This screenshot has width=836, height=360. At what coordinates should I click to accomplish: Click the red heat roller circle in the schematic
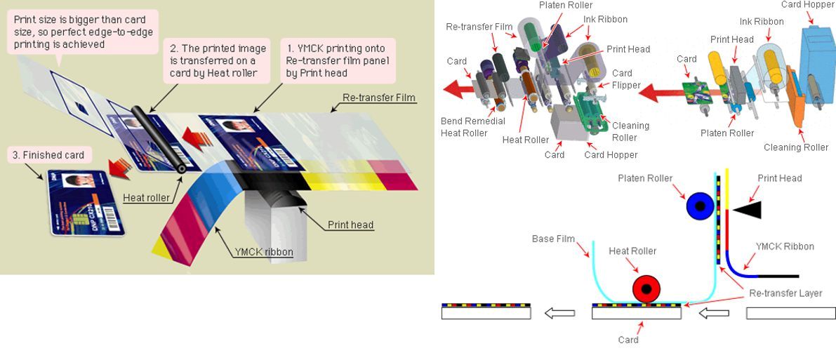coord(646,288)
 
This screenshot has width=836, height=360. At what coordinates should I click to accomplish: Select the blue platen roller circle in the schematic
coord(700,206)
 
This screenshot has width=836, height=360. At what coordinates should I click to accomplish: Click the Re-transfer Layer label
coord(785,293)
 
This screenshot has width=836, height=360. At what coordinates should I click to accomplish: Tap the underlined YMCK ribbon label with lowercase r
coord(264,252)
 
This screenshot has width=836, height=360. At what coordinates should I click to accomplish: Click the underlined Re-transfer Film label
coord(379,98)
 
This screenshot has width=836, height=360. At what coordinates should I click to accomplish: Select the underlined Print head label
coord(350,225)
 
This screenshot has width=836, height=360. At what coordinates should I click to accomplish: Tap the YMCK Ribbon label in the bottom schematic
coord(785,246)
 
